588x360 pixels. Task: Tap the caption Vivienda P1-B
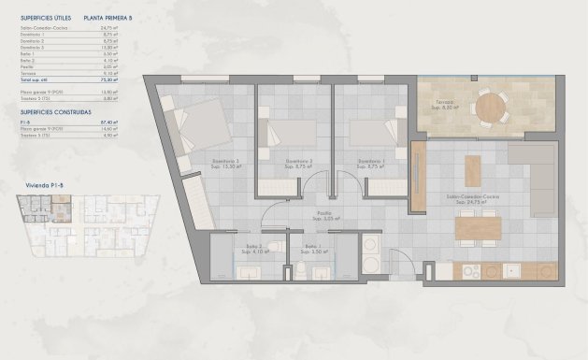40,186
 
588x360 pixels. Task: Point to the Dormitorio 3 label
225,161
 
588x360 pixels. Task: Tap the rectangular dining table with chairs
478,227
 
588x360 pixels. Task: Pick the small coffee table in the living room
473,169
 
